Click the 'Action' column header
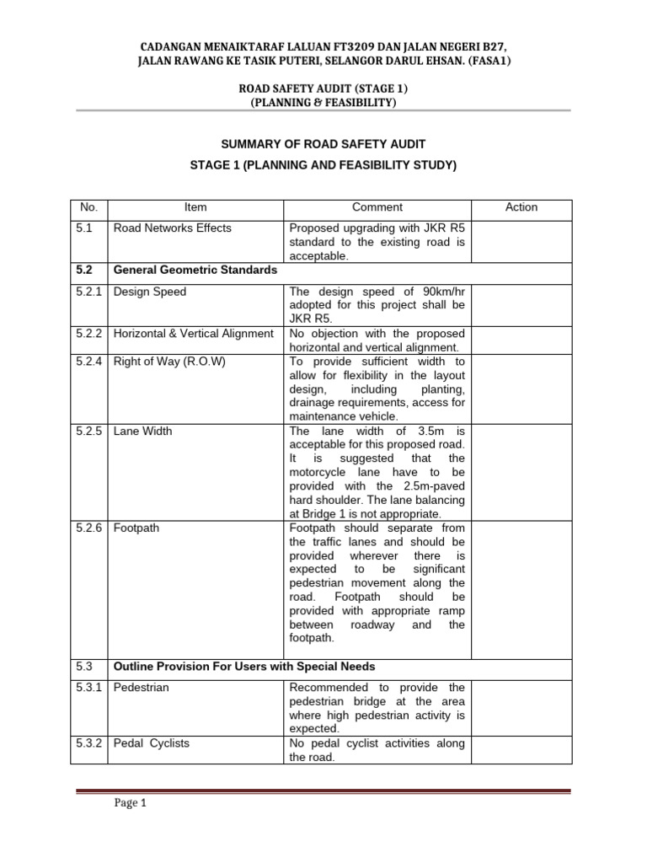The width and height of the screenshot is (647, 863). (x=521, y=207)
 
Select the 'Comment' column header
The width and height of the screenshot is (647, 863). (x=377, y=207)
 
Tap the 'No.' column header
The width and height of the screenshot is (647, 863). (x=88, y=207)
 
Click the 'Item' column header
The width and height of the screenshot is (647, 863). (x=195, y=207)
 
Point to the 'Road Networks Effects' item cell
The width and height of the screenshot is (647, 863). (x=172, y=228)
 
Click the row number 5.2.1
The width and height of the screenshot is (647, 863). (x=88, y=292)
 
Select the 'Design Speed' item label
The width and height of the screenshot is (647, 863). (x=150, y=292)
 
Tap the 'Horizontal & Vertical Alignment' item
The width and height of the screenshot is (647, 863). (x=193, y=333)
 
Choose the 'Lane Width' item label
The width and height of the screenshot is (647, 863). (x=142, y=431)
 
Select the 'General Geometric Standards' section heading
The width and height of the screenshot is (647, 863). (x=195, y=271)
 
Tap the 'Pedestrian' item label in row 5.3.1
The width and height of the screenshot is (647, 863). (x=141, y=688)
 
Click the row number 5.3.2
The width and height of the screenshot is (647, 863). (x=88, y=743)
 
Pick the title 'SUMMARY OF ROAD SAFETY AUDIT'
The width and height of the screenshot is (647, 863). (x=323, y=146)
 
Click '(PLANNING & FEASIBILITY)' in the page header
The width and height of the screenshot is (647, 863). (x=323, y=102)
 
